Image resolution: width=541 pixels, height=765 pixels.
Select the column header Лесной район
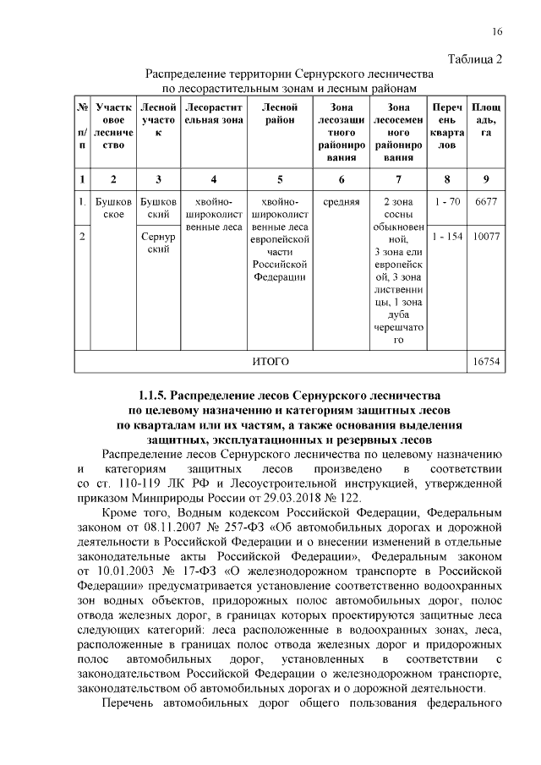[x=280, y=114]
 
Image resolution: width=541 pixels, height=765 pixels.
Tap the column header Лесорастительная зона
[x=214, y=114]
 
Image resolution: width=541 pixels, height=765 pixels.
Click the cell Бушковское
[x=113, y=209]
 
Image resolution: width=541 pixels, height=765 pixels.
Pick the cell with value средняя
[x=341, y=203]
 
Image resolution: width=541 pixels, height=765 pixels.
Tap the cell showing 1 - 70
[x=445, y=203]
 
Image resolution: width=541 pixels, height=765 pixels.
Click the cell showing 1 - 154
[x=445, y=238]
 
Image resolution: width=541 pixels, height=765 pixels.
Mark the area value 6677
[x=486, y=203]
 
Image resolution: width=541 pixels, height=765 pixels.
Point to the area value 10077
[x=486, y=238]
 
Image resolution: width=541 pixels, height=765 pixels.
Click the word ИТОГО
[x=270, y=361]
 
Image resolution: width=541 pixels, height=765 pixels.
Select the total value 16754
[x=486, y=361]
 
